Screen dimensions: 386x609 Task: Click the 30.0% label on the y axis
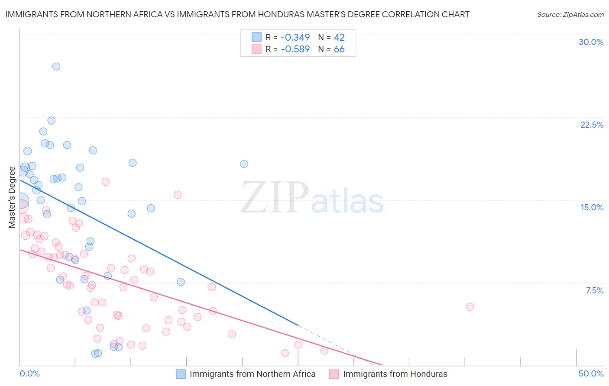591,42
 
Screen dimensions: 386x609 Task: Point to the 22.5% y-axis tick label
592,125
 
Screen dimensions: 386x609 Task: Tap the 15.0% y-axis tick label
592,207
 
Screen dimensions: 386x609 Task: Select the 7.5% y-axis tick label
594,290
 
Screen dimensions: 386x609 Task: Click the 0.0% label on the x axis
29,373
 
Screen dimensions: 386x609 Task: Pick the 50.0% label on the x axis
591,373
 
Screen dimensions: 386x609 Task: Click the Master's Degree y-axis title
12,197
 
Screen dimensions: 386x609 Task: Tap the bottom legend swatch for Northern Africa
181,374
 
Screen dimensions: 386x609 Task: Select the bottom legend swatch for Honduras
334,374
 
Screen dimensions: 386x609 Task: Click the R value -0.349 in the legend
295,37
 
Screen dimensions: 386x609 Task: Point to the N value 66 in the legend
339,49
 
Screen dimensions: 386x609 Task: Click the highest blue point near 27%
56,67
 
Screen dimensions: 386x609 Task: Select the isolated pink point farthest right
470,307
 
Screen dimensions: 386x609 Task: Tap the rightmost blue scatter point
244,164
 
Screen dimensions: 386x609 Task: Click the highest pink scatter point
106,182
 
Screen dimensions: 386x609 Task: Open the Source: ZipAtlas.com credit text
570,14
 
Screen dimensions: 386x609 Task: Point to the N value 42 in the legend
339,37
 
